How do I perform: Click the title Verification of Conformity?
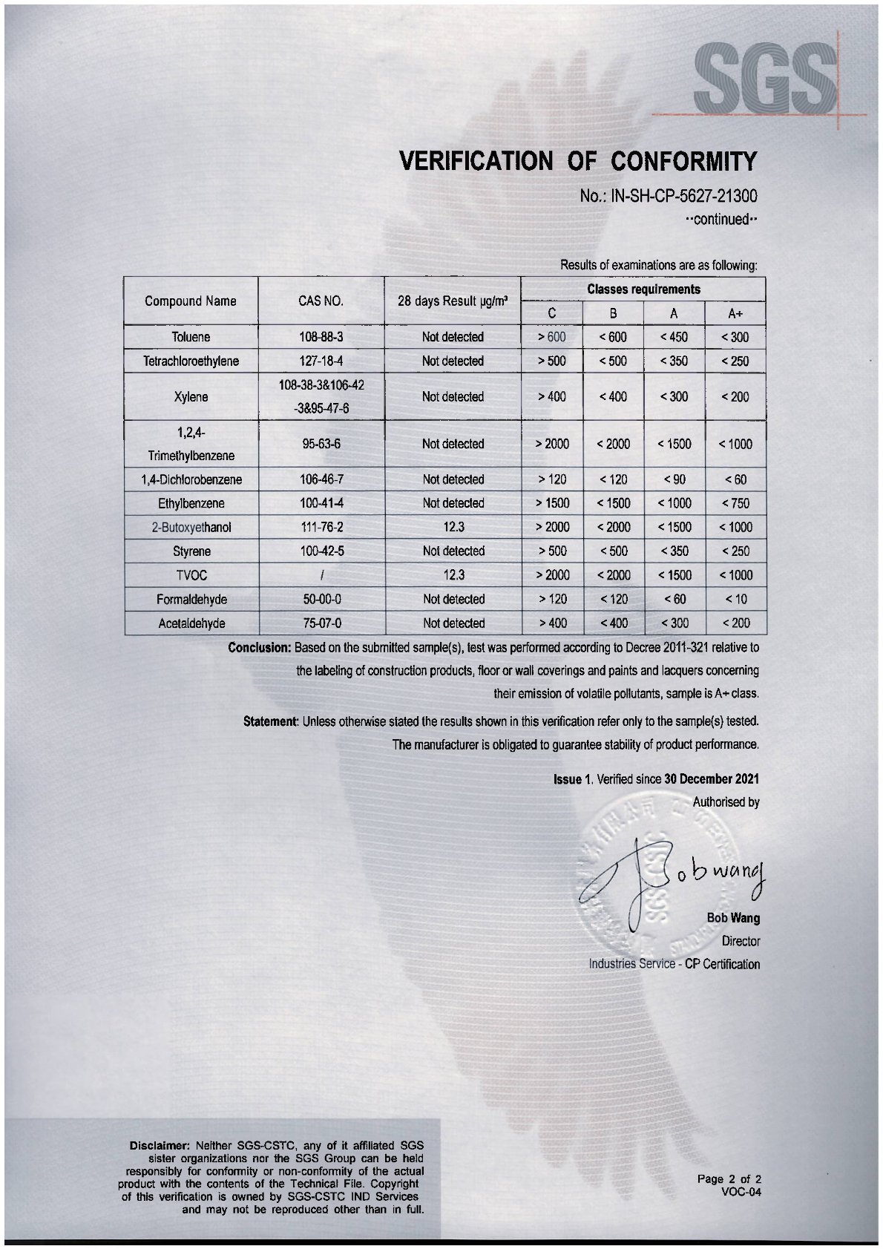click(x=578, y=160)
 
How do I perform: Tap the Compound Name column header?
click(x=191, y=301)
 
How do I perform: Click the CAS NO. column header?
click(x=321, y=301)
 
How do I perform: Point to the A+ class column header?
click(x=735, y=313)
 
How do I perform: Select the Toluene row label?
click(x=191, y=337)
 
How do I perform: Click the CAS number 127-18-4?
click(x=321, y=361)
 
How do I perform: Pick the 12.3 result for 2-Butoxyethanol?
click(x=453, y=527)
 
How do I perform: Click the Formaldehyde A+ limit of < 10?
click(x=735, y=599)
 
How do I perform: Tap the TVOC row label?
click(x=191, y=575)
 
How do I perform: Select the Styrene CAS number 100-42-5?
click(x=321, y=551)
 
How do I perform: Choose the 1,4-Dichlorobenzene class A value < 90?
click(x=674, y=479)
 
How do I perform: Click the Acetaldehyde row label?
click(x=191, y=623)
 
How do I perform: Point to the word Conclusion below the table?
click(x=260, y=647)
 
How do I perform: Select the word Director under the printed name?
click(x=741, y=941)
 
